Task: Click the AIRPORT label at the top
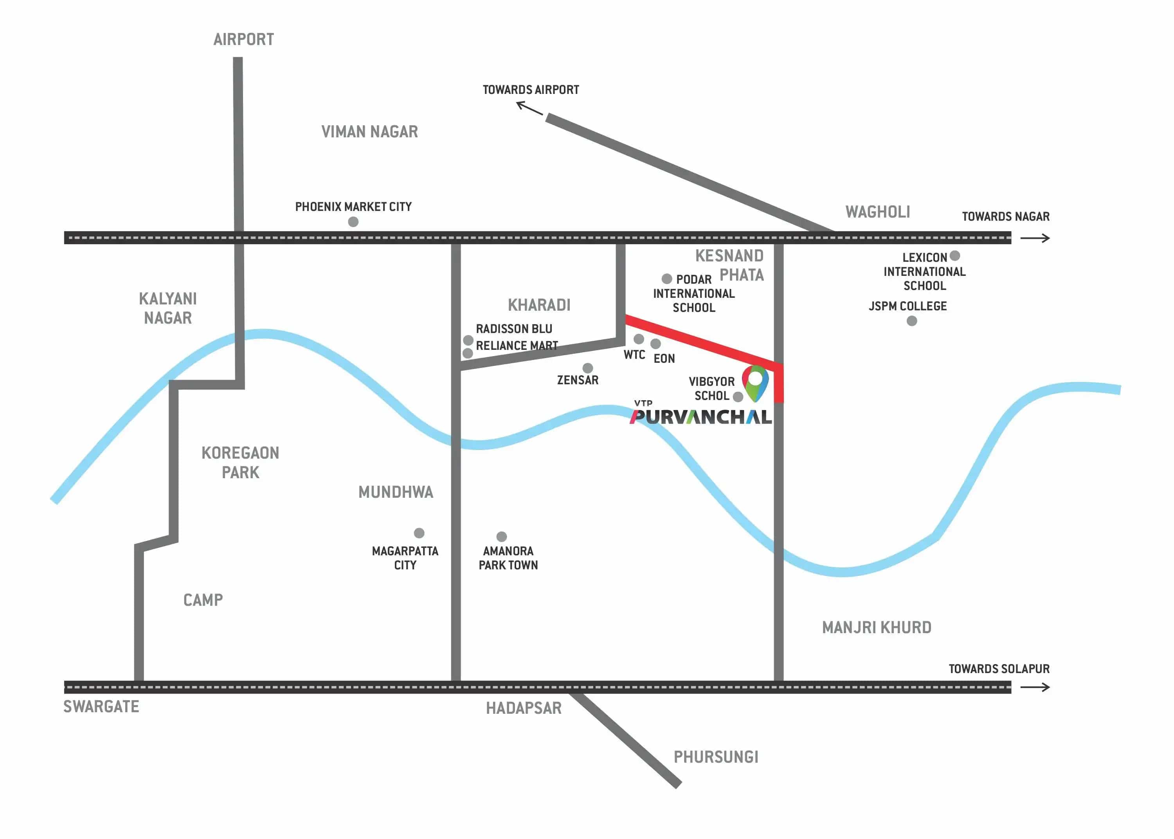pyautogui.click(x=243, y=39)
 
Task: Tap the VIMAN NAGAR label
pyautogui.click(x=369, y=132)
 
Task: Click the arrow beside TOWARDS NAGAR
pyautogui.click(x=1035, y=238)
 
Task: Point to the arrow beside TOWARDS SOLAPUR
pyautogui.click(x=1035, y=687)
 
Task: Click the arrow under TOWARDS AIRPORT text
pyautogui.click(x=529, y=108)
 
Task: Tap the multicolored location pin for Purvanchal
pyautogui.click(x=755, y=382)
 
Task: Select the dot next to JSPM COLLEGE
pyautogui.click(x=912, y=321)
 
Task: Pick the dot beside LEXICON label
pyautogui.click(x=954, y=256)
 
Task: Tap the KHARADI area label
pyautogui.click(x=539, y=305)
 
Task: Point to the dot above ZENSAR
pyautogui.click(x=587, y=368)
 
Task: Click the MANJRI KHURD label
pyautogui.click(x=877, y=627)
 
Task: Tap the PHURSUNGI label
pyautogui.click(x=716, y=757)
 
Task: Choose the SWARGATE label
pyautogui.click(x=101, y=706)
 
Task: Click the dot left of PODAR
pyautogui.click(x=667, y=279)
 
